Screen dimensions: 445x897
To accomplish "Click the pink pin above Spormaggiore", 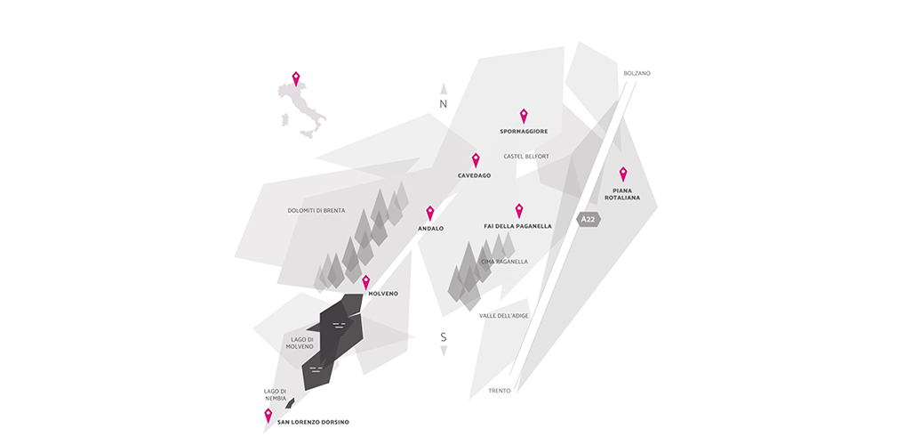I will [524, 116].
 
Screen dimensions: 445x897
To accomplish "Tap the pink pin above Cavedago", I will [476, 160].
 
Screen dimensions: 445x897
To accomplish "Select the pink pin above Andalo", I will [430, 213].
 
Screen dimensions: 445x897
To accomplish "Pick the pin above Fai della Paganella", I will [519, 210].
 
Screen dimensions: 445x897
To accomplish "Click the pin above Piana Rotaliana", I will [623, 174].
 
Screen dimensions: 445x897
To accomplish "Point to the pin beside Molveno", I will [365, 282].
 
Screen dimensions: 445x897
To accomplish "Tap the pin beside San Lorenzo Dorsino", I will [268, 415].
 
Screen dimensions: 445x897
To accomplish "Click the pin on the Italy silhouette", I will [296, 78].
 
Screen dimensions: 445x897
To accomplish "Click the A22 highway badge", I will [589, 219].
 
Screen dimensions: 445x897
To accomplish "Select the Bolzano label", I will [637, 73].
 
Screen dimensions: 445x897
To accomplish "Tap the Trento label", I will [500, 391].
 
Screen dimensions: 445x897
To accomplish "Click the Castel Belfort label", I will [526, 157].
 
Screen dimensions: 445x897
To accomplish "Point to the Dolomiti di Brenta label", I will [316, 211].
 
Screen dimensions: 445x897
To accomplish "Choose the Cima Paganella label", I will [504, 262].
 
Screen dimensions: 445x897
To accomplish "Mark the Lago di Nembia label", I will [275, 394].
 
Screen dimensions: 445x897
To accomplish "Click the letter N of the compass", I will [443, 104].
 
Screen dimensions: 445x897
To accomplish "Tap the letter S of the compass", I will [443, 336].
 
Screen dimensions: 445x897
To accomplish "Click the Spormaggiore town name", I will [524, 132].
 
